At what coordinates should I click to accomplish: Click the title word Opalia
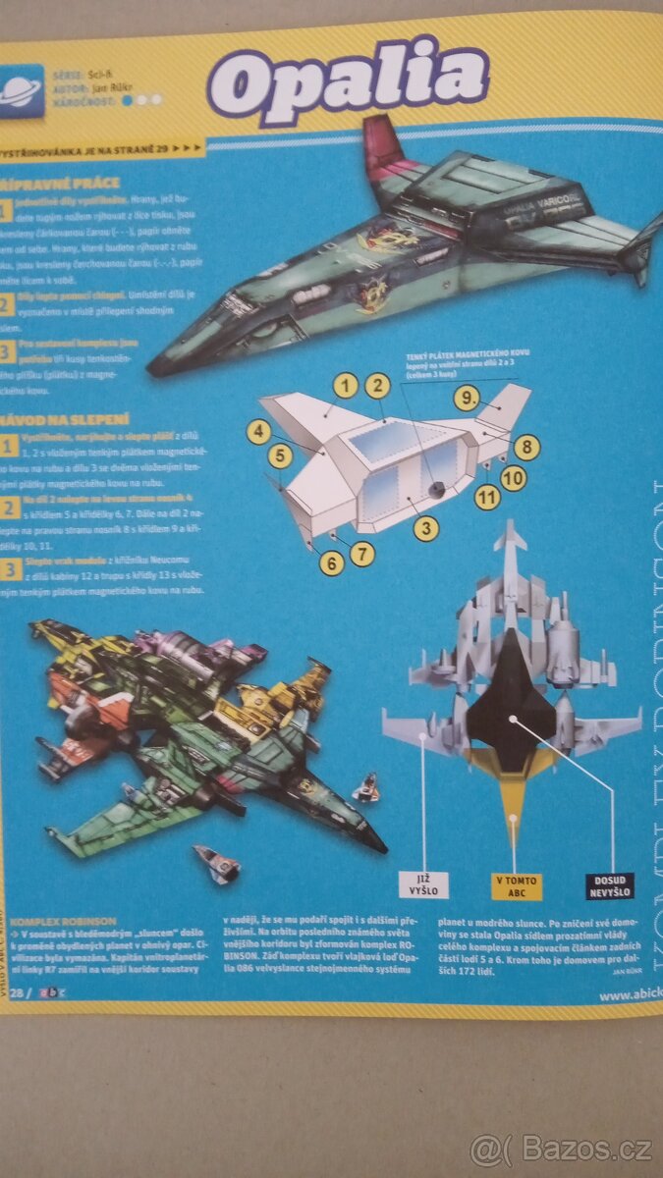click(349, 80)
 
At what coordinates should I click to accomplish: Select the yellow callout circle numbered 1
click(344, 386)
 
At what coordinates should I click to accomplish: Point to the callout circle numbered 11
click(486, 498)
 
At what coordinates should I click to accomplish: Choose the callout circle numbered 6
click(331, 562)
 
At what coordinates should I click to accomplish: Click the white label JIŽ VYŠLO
click(422, 886)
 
